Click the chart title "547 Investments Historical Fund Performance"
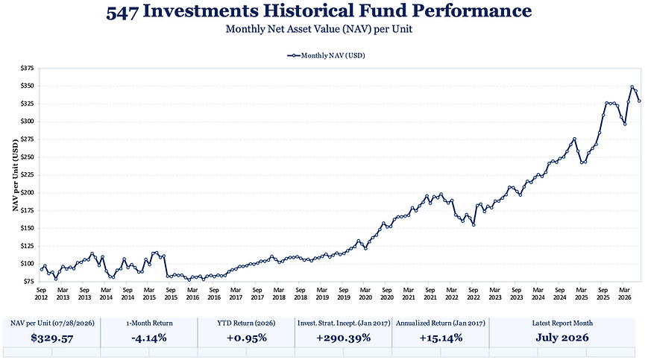[319, 11]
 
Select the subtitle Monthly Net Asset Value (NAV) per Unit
[319, 29]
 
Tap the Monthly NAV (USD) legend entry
[326, 55]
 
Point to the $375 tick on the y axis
[28, 68]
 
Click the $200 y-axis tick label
[28, 193]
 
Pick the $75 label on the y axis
[28, 282]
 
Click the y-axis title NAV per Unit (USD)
[16, 174]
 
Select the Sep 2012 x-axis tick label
[41, 294]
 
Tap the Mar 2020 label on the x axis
[365, 294]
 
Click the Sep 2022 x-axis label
[474, 294]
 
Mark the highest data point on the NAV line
[632, 87]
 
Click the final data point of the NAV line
[640, 101]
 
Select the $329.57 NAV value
[52, 338]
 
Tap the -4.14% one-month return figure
[149, 338]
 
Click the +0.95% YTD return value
[247, 338]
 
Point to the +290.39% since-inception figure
[344, 338]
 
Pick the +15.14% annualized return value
[441, 338]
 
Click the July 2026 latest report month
[562, 338]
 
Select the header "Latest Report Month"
[562, 323]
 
